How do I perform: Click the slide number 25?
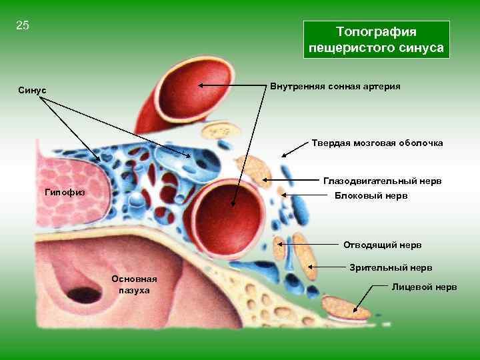pyautogui.click(x=23, y=26)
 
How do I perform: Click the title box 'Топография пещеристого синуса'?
pyautogui.click(x=376, y=40)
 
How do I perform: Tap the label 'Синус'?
pyautogui.click(x=32, y=91)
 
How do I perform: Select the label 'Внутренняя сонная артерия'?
pyautogui.click(x=335, y=87)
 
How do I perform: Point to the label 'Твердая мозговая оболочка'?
pyautogui.click(x=377, y=143)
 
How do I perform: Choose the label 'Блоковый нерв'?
pyautogui.click(x=371, y=196)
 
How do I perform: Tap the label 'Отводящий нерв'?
pyautogui.click(x=382, y=245)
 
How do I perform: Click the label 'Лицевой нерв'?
pyautogui.click(x=425, y=287)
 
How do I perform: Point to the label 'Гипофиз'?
pyautogui.click(x=64, y=192)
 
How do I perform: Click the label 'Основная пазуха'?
pyautogui.click(x=135, y=284)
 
